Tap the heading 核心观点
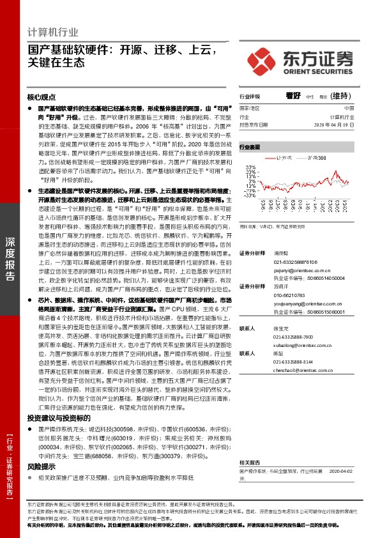click(42, 98)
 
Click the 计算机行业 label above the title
click(53, 32)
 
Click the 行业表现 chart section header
click(250, 147)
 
